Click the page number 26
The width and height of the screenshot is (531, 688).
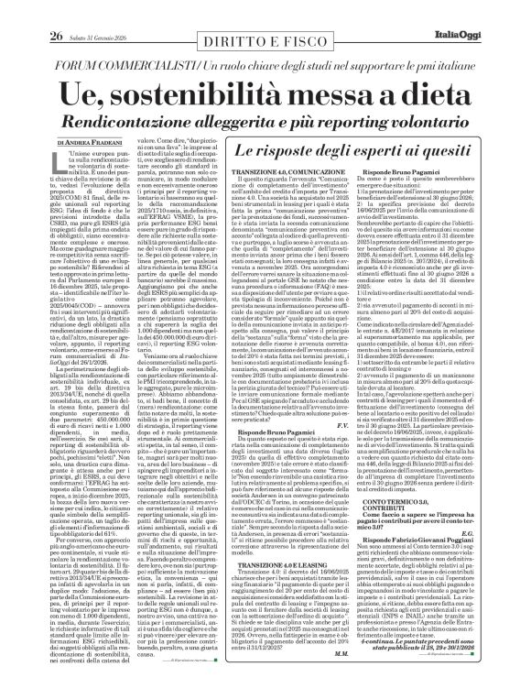(31, 11)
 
